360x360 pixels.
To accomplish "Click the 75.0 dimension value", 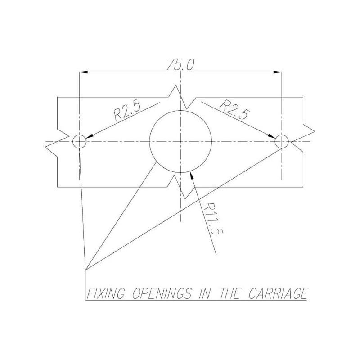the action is [180, 64].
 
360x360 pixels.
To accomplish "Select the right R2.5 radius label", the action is [234, 109].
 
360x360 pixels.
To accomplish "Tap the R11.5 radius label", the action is [212, 219].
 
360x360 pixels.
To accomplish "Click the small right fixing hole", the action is [282, 135].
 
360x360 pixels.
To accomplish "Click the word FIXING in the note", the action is [106, 293].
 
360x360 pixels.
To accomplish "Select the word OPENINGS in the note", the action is [162, 293].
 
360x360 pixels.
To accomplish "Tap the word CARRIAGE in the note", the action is [278, 293].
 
